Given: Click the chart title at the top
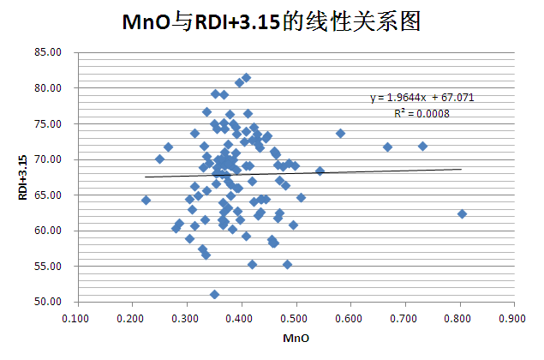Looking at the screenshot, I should (x=271, y=22).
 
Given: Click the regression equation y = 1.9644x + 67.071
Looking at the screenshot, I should (x=422, y=98).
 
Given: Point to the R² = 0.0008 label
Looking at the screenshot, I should (x=422, y=112).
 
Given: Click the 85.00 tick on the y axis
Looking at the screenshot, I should (x=51, y=52).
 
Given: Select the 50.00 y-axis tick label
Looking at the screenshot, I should (x=51, y=302).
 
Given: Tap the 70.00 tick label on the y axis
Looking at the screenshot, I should (x=51, y=159).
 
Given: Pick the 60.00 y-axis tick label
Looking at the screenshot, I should (x=51, y=231).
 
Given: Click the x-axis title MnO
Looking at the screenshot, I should (x=295, y=339).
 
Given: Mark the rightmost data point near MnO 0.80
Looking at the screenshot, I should (x=462, y=214).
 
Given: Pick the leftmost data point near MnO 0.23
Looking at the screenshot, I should (x=146, y=201).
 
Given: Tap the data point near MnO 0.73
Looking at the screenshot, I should (x=422, y=147).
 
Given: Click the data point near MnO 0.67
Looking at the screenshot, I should (x=387, y=147).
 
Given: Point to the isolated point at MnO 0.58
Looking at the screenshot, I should (x=340, y=134).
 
